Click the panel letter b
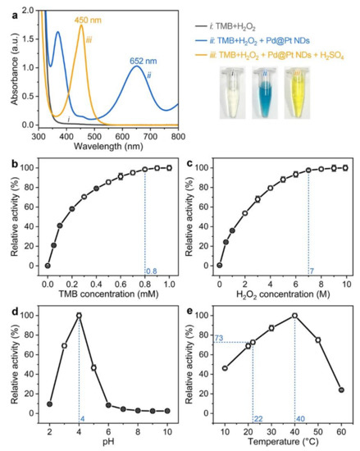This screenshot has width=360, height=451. [7, 149]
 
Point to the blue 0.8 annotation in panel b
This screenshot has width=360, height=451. [152, 271]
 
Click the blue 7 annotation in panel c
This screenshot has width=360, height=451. [312, 271]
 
